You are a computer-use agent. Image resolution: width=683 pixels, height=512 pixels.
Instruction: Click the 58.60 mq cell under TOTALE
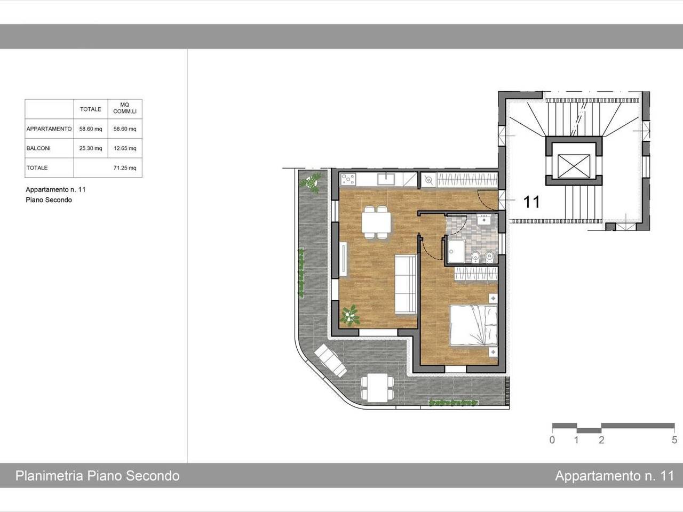pos(91,129)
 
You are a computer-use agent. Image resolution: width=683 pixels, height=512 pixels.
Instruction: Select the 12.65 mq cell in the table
pos(125,148)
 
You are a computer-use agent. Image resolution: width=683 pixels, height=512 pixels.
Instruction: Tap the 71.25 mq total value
pos(125,168)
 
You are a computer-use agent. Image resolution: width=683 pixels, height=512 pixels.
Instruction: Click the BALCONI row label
pos(38,148)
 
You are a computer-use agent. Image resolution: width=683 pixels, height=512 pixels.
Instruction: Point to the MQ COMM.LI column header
pos(125,108)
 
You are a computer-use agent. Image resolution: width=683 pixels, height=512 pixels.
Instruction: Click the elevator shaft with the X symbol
pos(574,166)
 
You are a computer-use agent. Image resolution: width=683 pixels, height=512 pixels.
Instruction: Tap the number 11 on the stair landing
pos(531,202)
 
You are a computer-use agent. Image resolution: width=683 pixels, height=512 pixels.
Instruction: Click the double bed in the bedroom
pos(473,325)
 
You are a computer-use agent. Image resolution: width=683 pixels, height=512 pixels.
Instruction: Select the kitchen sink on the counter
pos(386,179)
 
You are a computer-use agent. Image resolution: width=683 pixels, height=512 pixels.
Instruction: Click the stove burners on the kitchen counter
pos(348,179)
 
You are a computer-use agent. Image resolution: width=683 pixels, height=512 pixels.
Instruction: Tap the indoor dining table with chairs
pos(376,222)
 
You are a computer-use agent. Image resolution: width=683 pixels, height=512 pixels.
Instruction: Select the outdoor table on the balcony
pos(377,387)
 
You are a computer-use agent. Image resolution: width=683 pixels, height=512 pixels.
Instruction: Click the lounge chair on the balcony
pos(330,361)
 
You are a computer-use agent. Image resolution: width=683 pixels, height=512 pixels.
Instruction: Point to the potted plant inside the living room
pos(350,315)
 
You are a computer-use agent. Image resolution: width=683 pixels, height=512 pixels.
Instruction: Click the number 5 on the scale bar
pos(674,440)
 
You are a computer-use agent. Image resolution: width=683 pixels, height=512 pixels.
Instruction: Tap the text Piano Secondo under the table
pos(49,200)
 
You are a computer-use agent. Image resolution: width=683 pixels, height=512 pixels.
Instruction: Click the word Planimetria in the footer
pos(50,476)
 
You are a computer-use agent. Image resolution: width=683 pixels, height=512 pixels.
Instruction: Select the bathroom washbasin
pos(484,220)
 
